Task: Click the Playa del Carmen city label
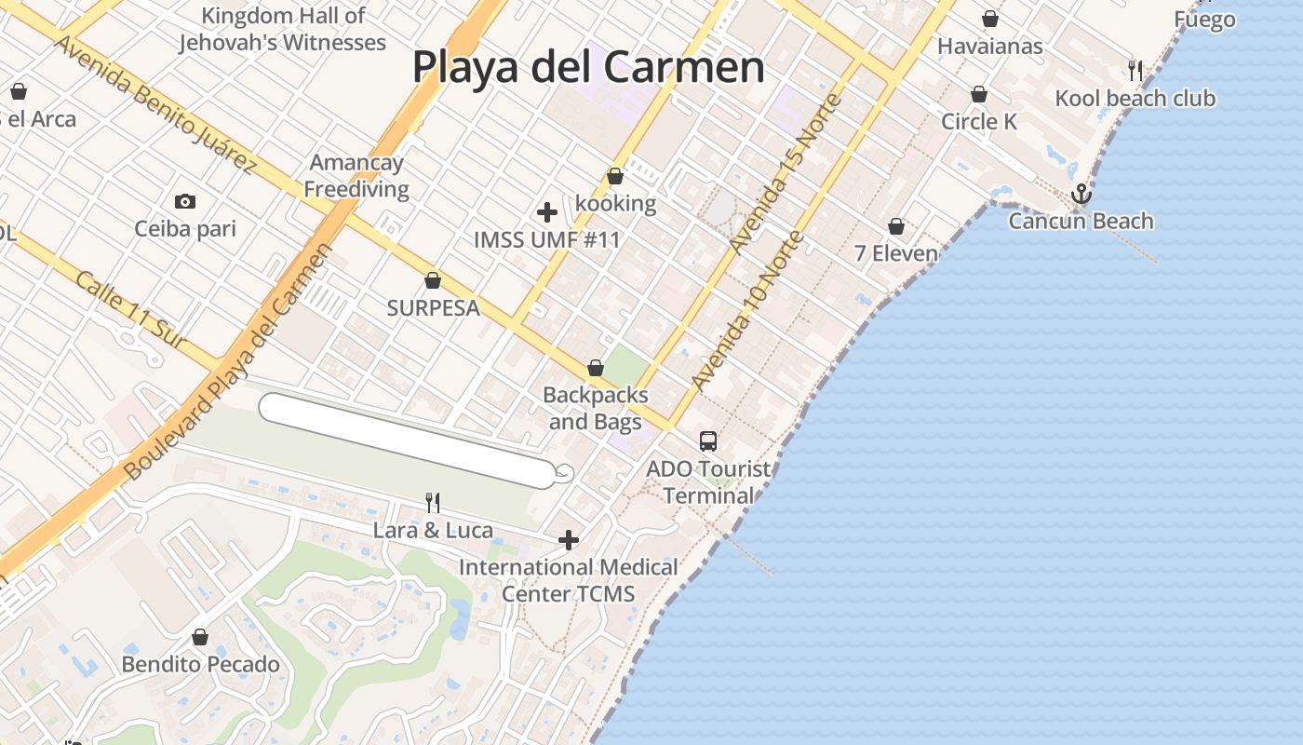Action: point(588,67)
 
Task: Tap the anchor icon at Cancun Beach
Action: point(1081,194)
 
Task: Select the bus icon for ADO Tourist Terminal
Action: point(708,440)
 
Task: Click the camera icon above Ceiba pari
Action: point(185,201)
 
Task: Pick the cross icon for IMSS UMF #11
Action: point(547,212)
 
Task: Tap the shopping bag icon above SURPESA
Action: point(433,280)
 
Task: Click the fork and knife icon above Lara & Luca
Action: point(433,503)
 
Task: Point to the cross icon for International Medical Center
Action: point(568,540)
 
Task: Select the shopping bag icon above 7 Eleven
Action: point(896,226)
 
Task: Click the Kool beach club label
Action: point(1135,98)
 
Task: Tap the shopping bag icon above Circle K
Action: point(979,94)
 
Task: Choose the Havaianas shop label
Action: point(990,46)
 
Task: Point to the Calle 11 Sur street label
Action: point(129,310)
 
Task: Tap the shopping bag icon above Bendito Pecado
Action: point(200,637)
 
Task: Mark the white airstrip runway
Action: point(410,440)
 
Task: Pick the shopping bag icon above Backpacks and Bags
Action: point(596,368)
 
